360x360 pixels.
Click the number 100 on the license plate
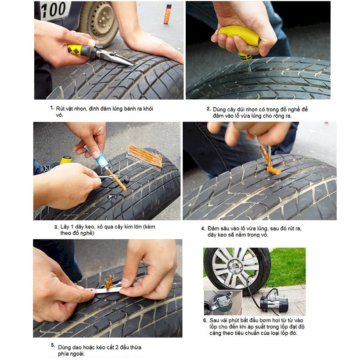tap(53, 10)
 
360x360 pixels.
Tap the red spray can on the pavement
tap(168, 14)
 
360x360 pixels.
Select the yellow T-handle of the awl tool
tap(239, 37)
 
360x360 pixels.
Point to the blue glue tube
tap(97, 157)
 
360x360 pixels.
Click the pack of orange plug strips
tap(145, 156)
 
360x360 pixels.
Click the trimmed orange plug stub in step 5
tap(109, 282)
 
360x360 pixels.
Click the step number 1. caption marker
tap(52, 108)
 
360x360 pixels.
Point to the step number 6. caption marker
tap(205, 320)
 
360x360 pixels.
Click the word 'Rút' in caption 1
tap(60, 108)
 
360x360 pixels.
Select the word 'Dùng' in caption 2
tap(219, 109)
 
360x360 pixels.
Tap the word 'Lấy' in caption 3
tap(65, 227)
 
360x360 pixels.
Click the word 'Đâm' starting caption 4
tap(213, 228)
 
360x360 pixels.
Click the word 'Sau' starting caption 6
tap(214, 320)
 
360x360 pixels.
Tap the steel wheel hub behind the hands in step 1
tap(101, 19)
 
